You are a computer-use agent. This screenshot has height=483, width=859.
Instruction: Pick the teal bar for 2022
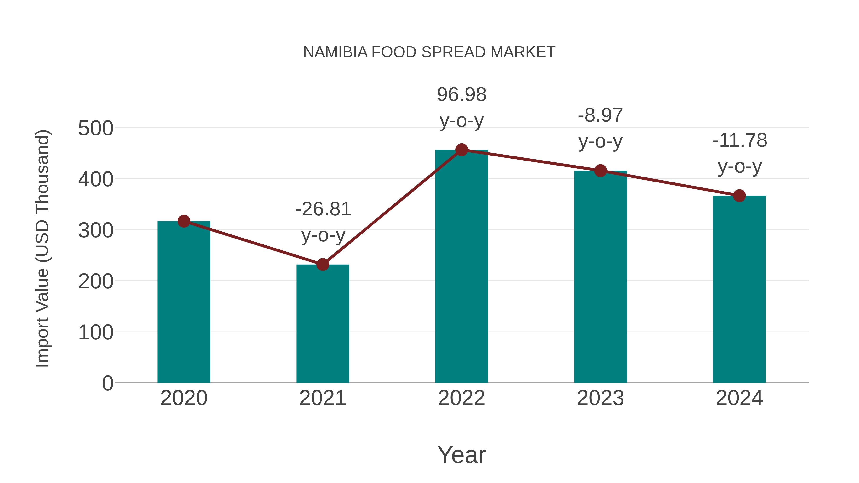pyautogui.click(x=461, y=267)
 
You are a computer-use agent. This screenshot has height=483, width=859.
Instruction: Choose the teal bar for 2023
pyautogui.click(x=600, y=277)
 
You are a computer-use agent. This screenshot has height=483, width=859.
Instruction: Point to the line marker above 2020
pyautogui.click(x=184, y=221)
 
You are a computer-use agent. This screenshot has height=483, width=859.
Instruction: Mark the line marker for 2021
pyautogui.click(x=322, y=264)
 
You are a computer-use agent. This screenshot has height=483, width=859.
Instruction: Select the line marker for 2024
pyautogui.click(x=739, y=196)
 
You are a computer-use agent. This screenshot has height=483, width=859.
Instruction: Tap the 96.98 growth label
pyautogui.click(x=461, y=95)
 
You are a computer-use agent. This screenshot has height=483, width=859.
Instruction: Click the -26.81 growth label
pyautogui.click(x=323, y=209)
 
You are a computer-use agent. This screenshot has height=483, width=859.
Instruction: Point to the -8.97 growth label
pyautogui.click(x=600, y=116)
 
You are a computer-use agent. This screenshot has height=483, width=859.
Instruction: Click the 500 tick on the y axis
pyautogui.click(x=96, y=128)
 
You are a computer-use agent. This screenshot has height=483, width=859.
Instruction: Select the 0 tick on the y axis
pyautogui.click(x=107, y=383)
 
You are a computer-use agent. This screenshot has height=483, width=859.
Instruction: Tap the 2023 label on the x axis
pyautogui.click(x=600, y=398)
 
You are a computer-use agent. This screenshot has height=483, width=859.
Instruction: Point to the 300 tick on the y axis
pyautogui.click(x=96, y=230)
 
